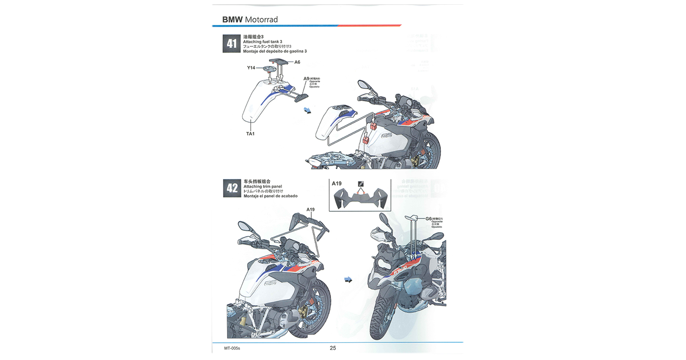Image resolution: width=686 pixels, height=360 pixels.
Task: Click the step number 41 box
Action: point(232,44)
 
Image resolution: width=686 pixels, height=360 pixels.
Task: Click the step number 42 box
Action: point(232,188)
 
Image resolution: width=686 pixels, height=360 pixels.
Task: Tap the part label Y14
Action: point(251,68)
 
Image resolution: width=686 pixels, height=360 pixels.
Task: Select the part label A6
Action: point(297,62)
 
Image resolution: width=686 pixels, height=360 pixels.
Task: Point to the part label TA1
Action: point(250,134)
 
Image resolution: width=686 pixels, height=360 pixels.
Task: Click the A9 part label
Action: point(306,79)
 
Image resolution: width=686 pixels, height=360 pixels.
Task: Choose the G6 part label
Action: point(428,219)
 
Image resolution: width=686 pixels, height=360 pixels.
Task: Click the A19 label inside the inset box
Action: point(337,183)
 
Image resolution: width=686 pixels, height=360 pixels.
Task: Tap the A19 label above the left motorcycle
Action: point(310,210)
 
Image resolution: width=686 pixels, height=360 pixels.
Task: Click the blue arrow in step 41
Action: point(307,111)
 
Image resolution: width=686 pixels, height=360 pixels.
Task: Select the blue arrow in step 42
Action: point(348,280)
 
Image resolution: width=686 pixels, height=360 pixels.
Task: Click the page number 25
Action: point(333,348)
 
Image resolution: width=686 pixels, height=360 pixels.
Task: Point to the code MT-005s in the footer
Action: point(232,348)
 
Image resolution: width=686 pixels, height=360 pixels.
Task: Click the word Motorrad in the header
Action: point(261,20)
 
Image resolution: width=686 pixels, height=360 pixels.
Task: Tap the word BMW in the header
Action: point(232,20)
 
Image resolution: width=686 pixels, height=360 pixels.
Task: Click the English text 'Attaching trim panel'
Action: point(263,186)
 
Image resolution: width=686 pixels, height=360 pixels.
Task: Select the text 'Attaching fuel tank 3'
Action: point(263,42)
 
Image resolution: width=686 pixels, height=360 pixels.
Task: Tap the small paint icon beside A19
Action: point(361,184)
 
